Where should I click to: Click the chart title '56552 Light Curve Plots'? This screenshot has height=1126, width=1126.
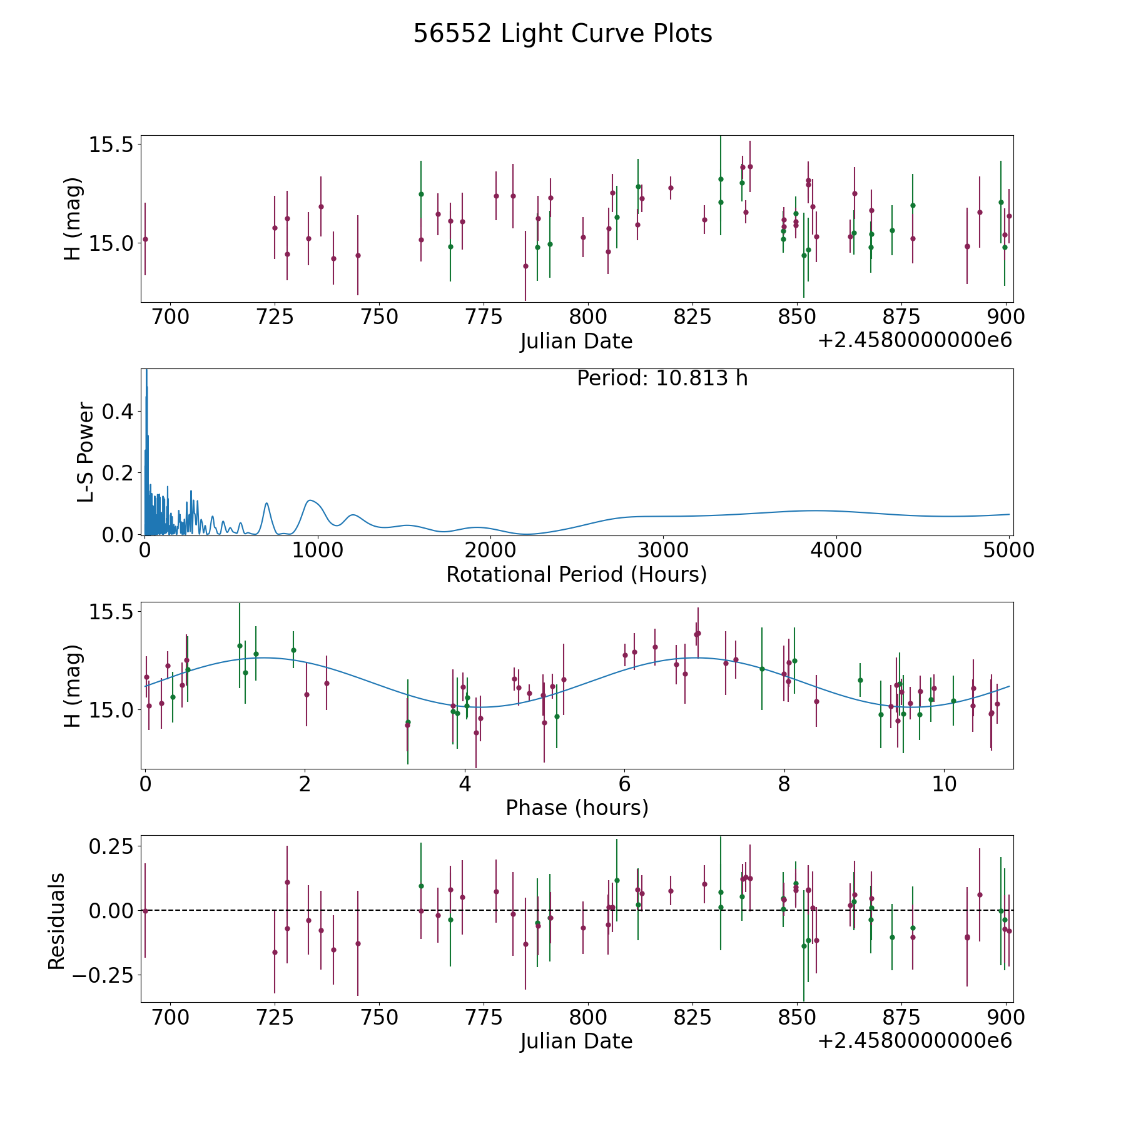pyautogui.click(x=562, y=34)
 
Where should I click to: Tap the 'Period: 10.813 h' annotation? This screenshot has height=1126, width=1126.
pyautogui.click(x=662, y=378)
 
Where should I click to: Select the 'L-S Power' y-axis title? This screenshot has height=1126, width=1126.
pyautogui.click(x=86, y=452)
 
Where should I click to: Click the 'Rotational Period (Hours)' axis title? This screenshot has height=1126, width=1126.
pyautogui.click(x=576, y=574)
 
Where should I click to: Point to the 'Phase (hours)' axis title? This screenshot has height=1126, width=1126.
pyautogui.click(x=577, y=808)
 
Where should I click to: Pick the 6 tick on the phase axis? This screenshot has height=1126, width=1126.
pyautogui.click(x=624, y=784)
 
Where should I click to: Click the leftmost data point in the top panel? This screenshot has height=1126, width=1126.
pyautogui.click(x=145, y=239)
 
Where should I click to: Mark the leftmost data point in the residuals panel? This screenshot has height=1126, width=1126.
pyautogui.click(x=145, y=911)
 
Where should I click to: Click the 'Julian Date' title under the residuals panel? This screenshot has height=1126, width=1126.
pyautogui.click(x=576, y=1041)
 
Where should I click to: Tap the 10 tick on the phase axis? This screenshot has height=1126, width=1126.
pyautogui.click(x=945, y=784)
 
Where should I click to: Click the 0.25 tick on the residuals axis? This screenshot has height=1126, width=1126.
pyautogui.click(x=111, y=846)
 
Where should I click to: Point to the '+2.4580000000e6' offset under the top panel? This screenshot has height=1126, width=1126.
pyautogui.click(x=915, y=340)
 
